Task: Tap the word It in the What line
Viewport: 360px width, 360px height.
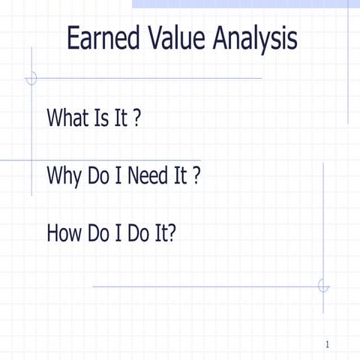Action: tap(121, 118)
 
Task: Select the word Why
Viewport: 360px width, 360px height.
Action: tap(64, 177)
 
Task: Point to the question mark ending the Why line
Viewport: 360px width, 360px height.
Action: tap(196, 177)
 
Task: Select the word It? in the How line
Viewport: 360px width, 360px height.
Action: tap(165, 234)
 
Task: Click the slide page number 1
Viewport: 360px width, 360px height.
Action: tap(328, 344)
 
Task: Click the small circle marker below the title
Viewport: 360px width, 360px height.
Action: tap(31, 77)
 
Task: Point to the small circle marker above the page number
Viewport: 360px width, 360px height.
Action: tap(323, 286)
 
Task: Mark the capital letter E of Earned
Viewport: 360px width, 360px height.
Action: tap(73, 38)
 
